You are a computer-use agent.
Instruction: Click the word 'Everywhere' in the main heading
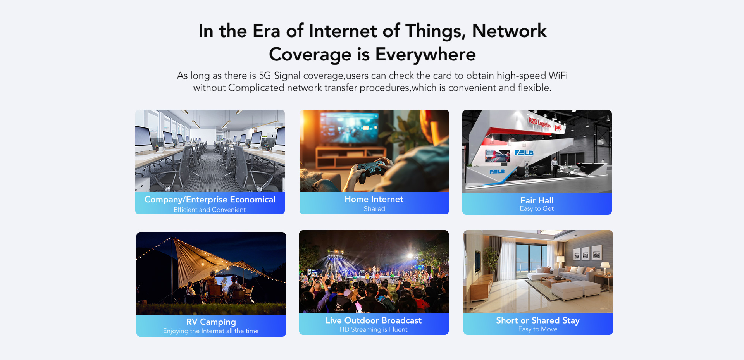(x=425, y=55)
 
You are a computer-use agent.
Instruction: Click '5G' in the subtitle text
(x=265, y=76)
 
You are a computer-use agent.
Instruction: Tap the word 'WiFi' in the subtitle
(x=558, y=76)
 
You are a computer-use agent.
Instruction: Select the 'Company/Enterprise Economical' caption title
(x=210, y=200)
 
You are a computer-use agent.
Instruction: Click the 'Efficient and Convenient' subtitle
(x=210, y=210)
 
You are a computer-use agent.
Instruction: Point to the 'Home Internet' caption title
(x=374, y=199)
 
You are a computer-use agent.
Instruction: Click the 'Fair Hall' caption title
(x=537, y=200)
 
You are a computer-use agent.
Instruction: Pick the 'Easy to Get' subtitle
(x=537, y=209)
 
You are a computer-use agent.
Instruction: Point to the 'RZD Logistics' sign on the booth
(x=539, y=123)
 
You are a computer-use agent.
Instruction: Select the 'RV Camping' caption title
(x=211, y=322)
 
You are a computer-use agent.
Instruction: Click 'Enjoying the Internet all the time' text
(x=211, y=331)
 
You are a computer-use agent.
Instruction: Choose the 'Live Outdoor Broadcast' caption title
(x=374, y=320)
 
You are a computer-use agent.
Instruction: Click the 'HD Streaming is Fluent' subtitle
(x=374, y=329)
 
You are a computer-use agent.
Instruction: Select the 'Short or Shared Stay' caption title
(x=538, y=320)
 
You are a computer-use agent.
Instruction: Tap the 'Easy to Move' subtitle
(x=538, y=329)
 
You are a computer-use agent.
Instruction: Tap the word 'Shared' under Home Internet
(x=374, y=209)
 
